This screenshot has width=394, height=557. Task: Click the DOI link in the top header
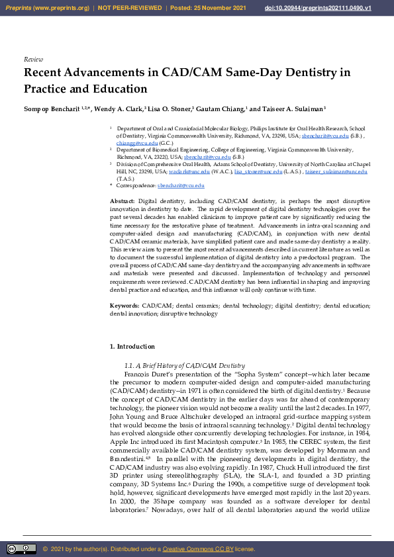(x=327, y=7)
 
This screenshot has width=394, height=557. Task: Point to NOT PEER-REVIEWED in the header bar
(x=130, y=7)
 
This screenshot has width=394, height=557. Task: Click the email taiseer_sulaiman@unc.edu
(x=340, y=171)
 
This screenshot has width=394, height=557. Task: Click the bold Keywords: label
(x=124, y=306)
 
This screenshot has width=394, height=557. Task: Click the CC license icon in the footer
(x=21, y=549)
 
